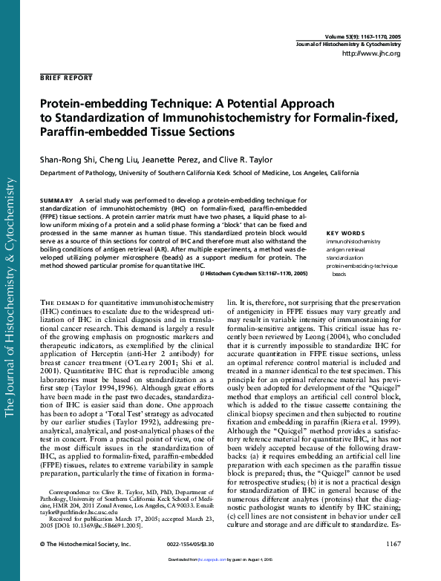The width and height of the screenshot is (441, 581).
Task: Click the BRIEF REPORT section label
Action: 66,77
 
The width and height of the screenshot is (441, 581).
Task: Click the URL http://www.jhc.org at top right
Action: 372,54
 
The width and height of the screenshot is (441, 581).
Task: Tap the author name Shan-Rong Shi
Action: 65,159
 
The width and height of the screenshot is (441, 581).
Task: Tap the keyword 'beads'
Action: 339,274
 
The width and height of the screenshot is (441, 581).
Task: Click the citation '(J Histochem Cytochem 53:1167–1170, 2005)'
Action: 253,274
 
